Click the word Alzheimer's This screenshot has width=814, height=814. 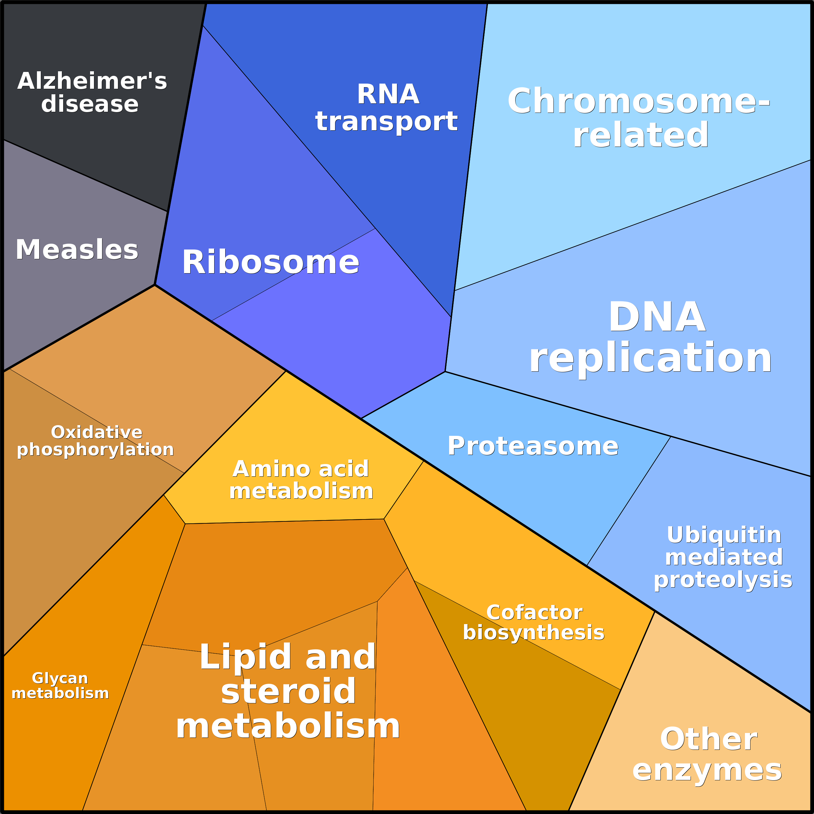(92, 81)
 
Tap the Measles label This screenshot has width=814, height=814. (77, 250)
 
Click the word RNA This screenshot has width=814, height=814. (388, 94)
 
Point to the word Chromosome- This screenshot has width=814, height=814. (638, 101)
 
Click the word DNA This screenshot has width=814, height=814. (657, 317)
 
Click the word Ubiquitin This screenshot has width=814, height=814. (724, 535)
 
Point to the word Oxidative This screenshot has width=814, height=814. (97, 432)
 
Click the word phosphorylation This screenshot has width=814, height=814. (95, 449)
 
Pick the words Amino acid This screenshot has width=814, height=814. (300, 469)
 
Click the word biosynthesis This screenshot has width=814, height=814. (533, 633)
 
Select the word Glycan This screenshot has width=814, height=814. (60, 678)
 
